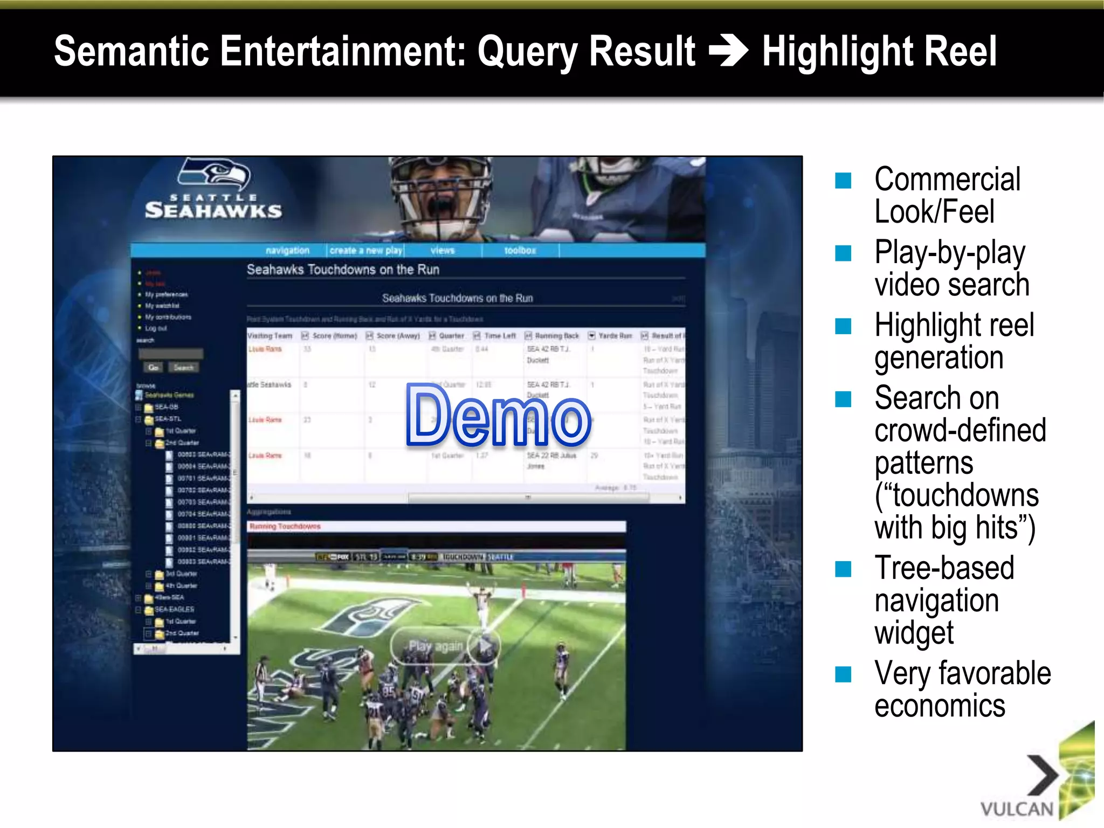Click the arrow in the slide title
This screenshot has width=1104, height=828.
pos(728,51)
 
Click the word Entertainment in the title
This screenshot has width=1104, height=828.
pos(341,51)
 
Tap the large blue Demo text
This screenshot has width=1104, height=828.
pos(498,416)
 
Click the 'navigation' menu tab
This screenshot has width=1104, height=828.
pos(287,251)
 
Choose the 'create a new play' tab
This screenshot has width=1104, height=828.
pos(366,251)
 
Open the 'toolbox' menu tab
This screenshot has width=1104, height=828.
pos(520,251)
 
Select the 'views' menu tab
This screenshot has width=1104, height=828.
pos(443,251)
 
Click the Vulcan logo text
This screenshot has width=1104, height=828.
pos(1016,809)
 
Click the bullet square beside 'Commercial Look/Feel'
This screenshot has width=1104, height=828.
pos(843,181)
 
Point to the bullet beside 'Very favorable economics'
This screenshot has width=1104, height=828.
pos(843,674)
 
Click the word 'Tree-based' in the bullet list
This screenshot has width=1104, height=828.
pos(944,568)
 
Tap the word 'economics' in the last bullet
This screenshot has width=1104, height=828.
pos(940,706)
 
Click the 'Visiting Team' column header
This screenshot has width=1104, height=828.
pos(270,336)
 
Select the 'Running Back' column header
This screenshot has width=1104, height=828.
pos(556,336)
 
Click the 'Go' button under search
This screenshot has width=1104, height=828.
pos(154,368)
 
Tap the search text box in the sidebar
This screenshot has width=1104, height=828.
pos(171,354)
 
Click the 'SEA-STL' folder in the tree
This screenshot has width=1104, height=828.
pos(167,419)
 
